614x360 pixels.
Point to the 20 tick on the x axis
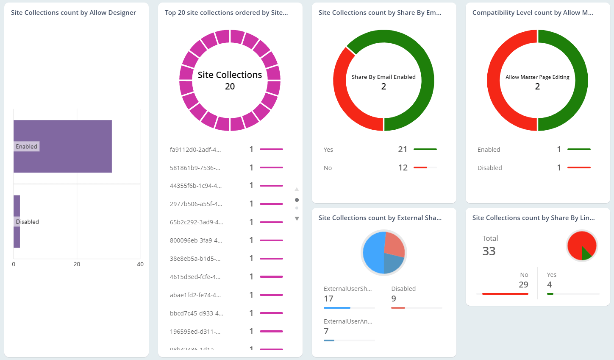77,264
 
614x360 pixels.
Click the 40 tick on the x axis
140,264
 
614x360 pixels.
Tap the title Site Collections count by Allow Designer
73,13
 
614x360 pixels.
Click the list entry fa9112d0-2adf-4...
195,150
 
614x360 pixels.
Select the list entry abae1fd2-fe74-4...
195,295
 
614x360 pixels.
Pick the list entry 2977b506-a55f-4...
196,204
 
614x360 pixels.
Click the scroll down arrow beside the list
297,219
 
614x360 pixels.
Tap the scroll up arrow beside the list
297,189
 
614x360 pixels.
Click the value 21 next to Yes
403,150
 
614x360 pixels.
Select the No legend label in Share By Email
328,168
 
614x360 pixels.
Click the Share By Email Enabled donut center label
383,77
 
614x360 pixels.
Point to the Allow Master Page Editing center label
537,77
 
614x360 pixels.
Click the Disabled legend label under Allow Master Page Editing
489,168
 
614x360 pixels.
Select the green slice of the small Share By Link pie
586,253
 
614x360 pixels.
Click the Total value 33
489,251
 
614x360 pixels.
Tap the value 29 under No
523,285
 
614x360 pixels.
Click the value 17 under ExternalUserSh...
328,299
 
